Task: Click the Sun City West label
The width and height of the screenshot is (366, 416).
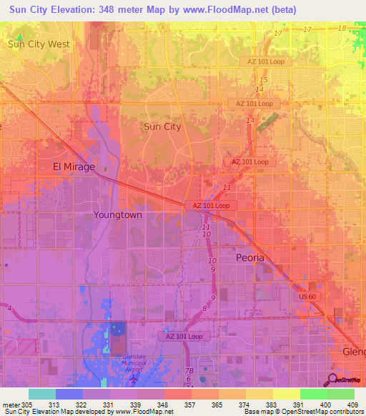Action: [39, 44]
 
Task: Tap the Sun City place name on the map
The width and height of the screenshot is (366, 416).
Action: [162, 127]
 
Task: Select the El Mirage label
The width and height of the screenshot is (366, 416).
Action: [74, 167]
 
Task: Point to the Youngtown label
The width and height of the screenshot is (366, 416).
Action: [118, 214]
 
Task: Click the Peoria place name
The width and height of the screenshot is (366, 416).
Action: [250, 257]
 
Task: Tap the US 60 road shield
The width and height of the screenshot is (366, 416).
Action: [307, 295]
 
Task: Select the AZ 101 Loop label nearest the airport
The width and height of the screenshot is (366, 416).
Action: [184, 336]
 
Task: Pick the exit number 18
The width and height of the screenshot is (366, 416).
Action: [342, 28]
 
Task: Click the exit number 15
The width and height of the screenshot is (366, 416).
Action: [264, 79]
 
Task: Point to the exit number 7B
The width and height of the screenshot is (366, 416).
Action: [189, 371]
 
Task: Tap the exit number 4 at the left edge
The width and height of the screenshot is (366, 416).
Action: [10, 309]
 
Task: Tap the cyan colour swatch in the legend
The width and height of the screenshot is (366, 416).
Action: [41, 394]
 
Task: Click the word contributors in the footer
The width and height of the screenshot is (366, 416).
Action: [346, 412]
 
